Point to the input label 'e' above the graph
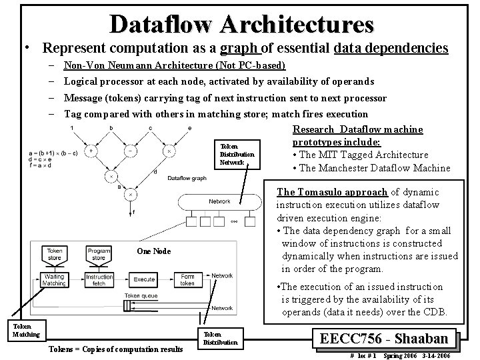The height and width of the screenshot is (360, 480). [x=190, y=127]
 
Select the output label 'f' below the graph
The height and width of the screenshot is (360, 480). [x=134, y=213]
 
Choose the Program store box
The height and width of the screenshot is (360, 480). [x=99, y=253]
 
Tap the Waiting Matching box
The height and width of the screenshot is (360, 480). [x=55, y=279]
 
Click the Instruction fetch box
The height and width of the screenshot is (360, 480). [x=99, y=279]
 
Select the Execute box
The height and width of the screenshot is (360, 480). [x=144, y=279]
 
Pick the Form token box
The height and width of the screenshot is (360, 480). [x=187, y=279]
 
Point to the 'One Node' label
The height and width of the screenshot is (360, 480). [x=153, y=251]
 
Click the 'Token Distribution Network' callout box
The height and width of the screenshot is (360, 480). [x=232, y=153]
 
